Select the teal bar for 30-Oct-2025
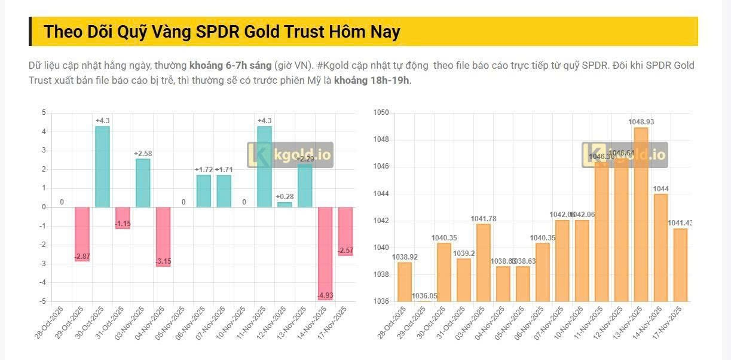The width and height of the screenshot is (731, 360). [x=102, y=167]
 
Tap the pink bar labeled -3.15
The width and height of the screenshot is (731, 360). [x=163, y=236]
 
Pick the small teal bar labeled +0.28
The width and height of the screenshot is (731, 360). [x=285, y=205]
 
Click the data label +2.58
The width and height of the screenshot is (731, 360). [x=143, y=154]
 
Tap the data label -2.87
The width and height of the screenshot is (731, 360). [x=82, y=257]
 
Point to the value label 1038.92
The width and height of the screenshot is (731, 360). [x=404, y=257]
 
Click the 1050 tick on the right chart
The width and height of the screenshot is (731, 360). [x=381, y=113]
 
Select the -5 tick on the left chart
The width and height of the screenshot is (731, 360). [x=44, y=301]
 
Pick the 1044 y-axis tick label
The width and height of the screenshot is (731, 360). [x=381, y=194]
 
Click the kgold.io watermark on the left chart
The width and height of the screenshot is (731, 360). [x=290, y=155]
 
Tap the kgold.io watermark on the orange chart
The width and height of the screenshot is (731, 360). [x=625, y=155]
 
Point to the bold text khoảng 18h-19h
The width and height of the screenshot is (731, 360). [x=372, y=80]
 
